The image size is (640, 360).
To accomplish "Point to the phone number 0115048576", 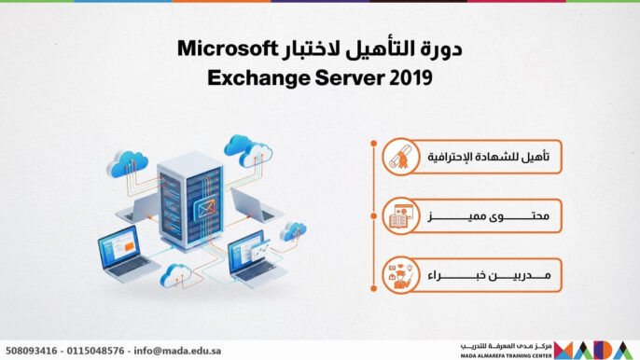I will click(100, 351).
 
